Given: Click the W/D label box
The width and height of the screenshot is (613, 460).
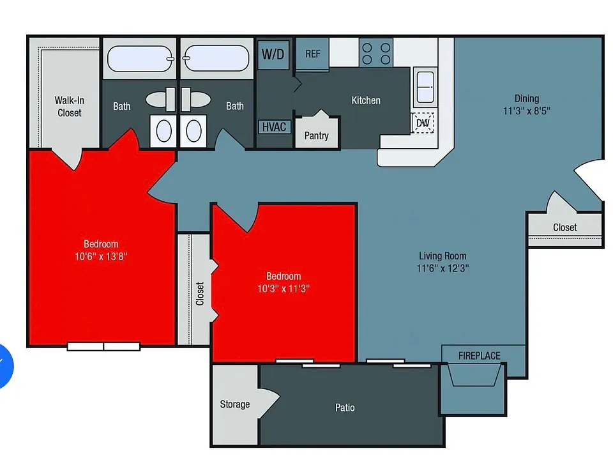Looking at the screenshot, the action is click(x=273, y=54).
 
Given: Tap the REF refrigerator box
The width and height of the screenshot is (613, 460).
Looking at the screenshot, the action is click(x=312, y=54).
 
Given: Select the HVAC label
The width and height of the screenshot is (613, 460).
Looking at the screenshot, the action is click(x=275, y=127).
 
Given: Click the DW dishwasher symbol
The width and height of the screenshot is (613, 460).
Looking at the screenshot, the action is click(x=423, y=123).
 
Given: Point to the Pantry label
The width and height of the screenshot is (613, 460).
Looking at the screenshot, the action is click(x=316, y=135).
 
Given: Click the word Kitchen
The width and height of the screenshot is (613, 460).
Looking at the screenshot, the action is click(x=366, y=100).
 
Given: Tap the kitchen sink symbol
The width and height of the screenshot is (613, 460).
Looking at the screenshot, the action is click(x=425, y=87).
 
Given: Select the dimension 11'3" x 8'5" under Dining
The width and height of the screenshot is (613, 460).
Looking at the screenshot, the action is click(x=527, y=111).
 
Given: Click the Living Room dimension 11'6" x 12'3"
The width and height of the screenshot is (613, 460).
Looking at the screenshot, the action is click(x=443, y=268).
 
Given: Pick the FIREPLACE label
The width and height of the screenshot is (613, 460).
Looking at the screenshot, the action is click(x=480, y=356).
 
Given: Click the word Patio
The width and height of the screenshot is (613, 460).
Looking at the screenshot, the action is click(x=345, y=408).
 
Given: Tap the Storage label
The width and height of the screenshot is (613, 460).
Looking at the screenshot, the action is click(x=234, y=404).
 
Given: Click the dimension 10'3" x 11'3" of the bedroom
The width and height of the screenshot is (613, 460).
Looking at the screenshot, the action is click(x=284, y=289).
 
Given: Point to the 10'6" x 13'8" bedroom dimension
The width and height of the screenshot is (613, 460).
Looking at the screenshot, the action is click(x=101, y=257).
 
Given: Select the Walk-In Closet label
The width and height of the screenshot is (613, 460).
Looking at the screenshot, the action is click(x=69, y=107).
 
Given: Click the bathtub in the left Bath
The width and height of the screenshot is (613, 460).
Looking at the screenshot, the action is click(x=140, y=59).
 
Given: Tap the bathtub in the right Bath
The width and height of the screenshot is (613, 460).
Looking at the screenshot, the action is click(x=216, y=59).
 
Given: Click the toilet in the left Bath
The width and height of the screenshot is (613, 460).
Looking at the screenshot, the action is click(x=163, y=130).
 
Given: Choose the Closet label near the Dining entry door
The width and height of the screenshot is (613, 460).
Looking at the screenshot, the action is click(x=565, y=227).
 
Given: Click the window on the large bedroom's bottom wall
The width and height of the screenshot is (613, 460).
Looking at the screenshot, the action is click(x=103, y=346).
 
